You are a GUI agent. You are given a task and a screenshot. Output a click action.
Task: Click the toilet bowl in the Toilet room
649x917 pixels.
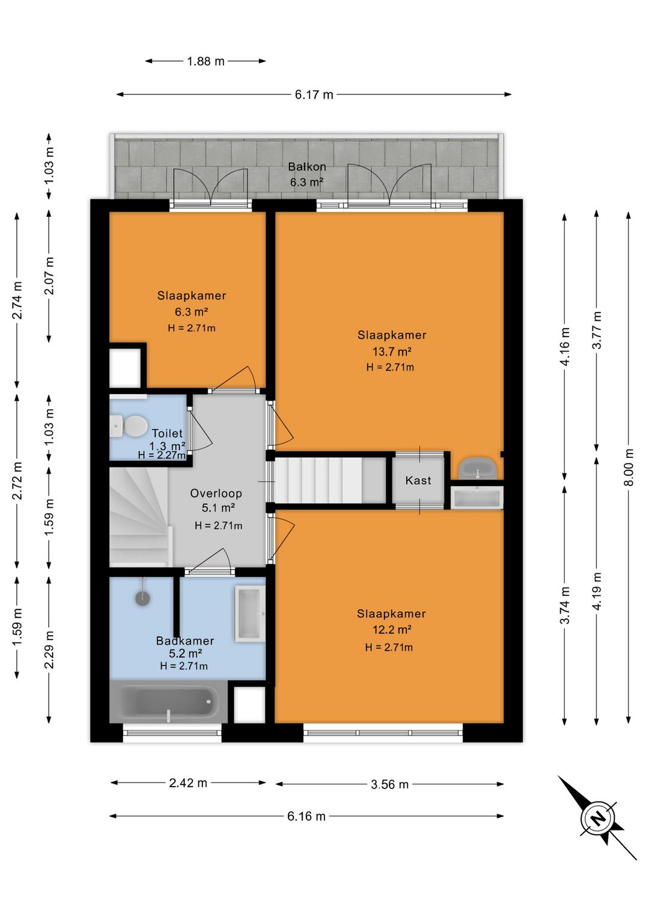coord(129,425)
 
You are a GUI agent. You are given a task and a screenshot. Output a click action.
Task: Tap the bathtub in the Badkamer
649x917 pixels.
coord(169,702)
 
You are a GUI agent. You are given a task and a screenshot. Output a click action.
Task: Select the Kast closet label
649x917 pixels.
coord(418,480)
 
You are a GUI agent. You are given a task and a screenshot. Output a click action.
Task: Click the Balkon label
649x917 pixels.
coord(307,166)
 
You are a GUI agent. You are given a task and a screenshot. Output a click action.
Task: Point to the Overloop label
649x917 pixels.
coord(216,493)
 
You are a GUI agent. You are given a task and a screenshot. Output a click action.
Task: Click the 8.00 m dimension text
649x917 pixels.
coord(629,467)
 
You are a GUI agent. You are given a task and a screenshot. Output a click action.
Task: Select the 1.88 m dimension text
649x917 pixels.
coord(206,61)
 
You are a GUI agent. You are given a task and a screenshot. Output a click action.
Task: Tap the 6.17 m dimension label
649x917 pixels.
coord(314,95)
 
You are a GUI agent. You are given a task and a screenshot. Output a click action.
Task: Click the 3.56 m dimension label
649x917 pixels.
coord(389,784)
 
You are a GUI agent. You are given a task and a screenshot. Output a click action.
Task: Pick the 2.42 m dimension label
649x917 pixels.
coord(188,783)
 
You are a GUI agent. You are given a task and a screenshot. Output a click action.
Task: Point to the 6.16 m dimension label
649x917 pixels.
coord(306,816)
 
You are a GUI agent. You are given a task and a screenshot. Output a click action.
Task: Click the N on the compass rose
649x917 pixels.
coord(599,818)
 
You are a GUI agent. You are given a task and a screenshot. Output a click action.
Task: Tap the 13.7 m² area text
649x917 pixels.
coord(392,352)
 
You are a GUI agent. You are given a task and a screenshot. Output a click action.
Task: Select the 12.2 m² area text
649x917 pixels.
coord(392,629)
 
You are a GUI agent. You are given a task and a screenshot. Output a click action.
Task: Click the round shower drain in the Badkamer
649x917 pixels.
coord(142,598)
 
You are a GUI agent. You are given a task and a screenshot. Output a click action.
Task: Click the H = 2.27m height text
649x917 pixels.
coord(162,455)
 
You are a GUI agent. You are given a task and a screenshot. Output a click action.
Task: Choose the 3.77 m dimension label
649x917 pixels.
coord(597,330)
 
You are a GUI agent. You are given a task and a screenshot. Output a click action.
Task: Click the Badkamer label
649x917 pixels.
coord(185,641)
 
